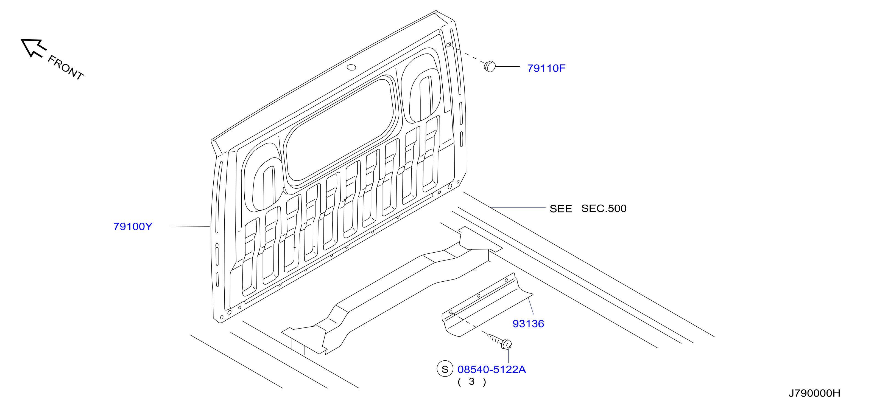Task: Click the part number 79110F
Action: pos(546,68)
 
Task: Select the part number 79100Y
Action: pos(133,226)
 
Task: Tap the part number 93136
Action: pos(528,324)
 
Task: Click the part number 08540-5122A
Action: pos(492,369)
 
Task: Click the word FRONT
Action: pos(65,68)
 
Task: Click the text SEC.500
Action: pos(604,208)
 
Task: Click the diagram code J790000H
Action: pos(814,393)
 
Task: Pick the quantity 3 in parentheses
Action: pos(472,381)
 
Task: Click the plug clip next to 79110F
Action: pos(490,66)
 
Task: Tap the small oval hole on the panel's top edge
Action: pos(351,67)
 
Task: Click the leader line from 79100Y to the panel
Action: pos(189,226)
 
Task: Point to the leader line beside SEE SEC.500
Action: pos(517,207)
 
